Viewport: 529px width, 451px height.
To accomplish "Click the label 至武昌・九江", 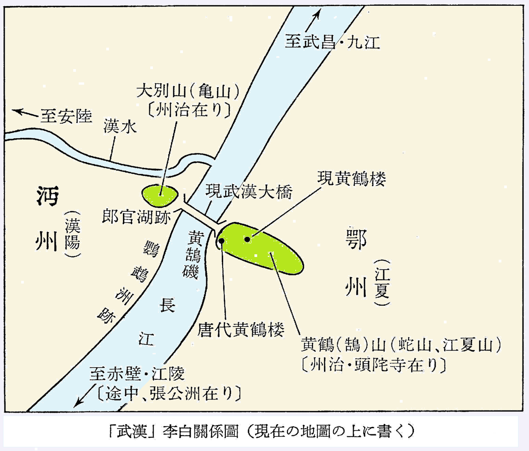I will coord(332,42).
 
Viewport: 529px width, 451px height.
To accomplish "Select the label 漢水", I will coord(120,127).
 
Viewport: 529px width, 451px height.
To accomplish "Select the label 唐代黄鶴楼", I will coord(240,329).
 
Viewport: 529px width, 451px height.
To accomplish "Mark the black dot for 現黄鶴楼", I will coord(247,239).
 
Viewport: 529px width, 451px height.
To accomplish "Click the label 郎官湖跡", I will coord(136,216).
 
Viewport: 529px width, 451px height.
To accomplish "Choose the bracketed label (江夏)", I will coord(382,282).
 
